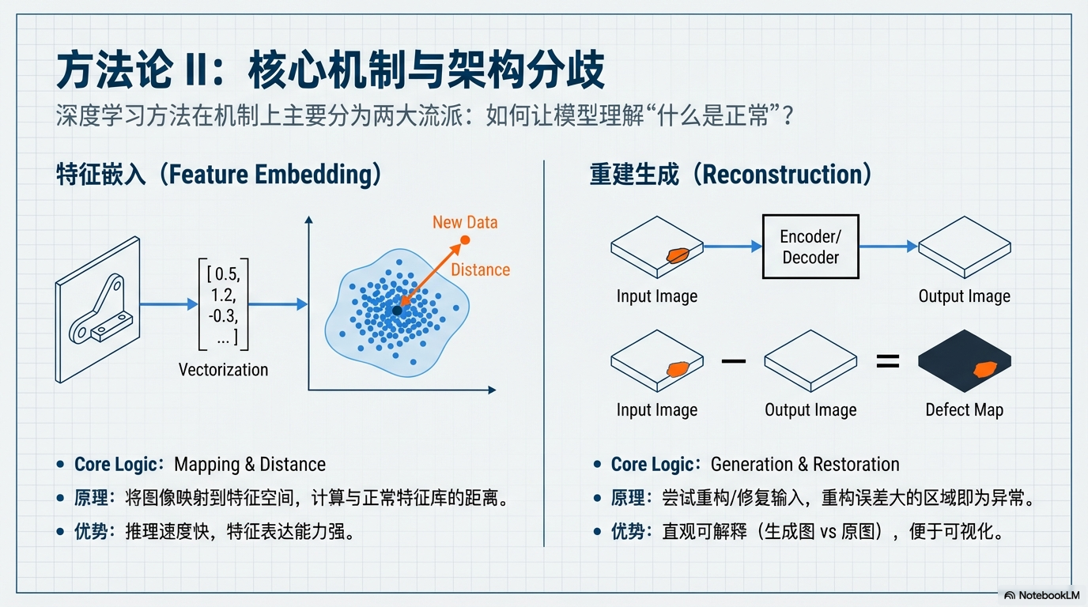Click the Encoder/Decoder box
click(810, 247)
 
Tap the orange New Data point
click(465, 240)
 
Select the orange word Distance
click(481, 270)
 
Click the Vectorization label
click(223, 370)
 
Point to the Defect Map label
click(964, 410)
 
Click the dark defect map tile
click(965, 360)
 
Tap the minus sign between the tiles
click(734, 360)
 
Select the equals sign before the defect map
click(887, 360)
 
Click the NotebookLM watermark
click(1041, 595)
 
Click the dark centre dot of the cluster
click(397, 311)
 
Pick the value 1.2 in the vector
click(224, 296)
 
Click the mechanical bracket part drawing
click(100, 309)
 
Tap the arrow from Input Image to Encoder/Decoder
click(732, 247)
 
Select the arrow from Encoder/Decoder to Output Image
click(889, 247)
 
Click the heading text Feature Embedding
click(270, 175)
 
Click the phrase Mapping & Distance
click(250, 465)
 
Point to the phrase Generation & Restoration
click(805, 465)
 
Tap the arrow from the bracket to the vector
click(168, 304)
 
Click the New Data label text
click(465, 222)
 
